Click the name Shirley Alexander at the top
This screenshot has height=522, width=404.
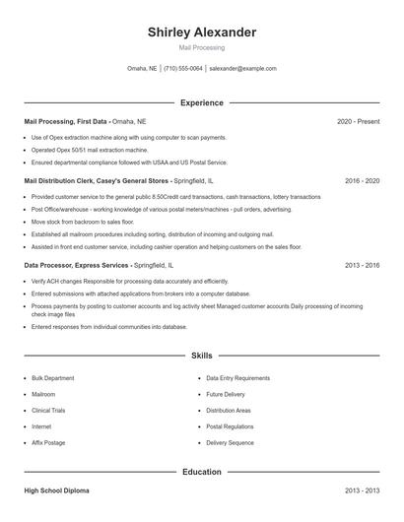click(x=201, y=33)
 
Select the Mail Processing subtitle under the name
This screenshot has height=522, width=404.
click(x=201, y=47)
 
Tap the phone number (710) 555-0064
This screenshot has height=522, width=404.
click(x=183, y=69)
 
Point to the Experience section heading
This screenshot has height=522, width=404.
click(x=201, y=102)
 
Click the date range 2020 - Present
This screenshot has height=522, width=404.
click(x=358, y=121)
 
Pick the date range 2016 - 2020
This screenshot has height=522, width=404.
click(x=362, y=181)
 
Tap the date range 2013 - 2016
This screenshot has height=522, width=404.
click(x=362, y=266)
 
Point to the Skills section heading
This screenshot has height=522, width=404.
click(x=201, y=355)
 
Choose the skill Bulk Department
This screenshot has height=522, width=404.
click(x=52, y=378)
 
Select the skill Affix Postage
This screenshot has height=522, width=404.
click(x=48, y=443)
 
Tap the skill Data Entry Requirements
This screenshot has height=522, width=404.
click(x=237, y=378)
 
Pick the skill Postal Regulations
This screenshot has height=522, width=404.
click(x=230, y=426)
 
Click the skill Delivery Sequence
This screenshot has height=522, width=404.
click(x=230, y=443)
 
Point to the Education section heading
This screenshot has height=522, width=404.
click(x=201, y=472)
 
